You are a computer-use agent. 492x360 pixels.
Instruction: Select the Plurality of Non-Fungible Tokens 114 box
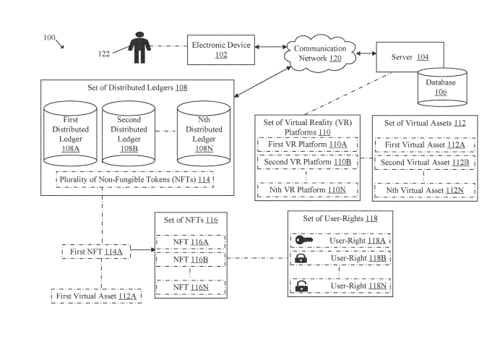coord(135,179)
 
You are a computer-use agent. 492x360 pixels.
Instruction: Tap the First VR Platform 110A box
coord(308,145)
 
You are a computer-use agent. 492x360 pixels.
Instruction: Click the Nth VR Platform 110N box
coord(308,190)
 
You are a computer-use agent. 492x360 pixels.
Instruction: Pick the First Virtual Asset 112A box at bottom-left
coord(95,296)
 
